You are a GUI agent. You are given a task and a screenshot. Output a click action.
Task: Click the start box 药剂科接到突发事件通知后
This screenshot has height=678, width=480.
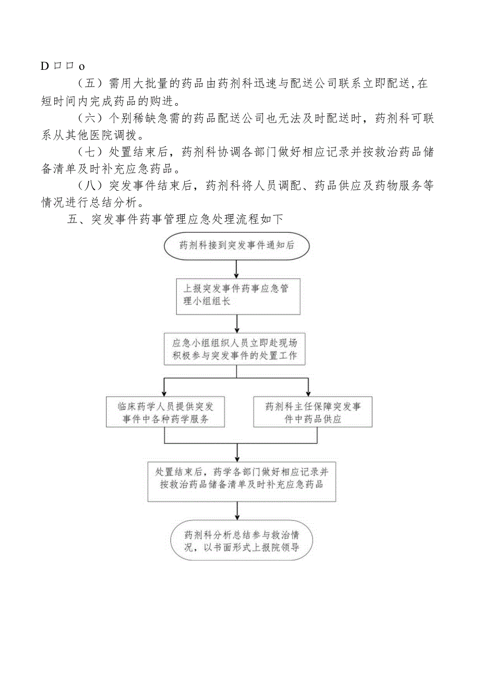[x=236, y=245]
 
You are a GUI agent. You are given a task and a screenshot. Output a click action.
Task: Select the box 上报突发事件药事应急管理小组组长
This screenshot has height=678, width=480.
[x=236, y=295]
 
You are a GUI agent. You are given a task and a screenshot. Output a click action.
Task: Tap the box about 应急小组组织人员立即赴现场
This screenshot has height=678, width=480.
[x=236, y=349]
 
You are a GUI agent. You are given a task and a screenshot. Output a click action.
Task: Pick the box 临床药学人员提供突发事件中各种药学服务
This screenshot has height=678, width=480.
[x=165, y=412]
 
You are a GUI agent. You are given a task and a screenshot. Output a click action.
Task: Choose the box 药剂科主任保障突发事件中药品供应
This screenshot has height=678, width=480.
[x=313, y=412]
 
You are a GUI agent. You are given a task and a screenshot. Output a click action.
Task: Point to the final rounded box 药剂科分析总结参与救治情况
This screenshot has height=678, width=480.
[x=241, y=541]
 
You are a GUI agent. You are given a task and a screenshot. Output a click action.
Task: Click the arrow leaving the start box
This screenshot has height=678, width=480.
[x=236, y=269]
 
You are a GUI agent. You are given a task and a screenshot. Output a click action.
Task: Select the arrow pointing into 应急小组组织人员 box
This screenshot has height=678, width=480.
[x=236, y=324]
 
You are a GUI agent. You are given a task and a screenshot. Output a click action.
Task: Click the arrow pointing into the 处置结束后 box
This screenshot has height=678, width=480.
[x=238, y=451]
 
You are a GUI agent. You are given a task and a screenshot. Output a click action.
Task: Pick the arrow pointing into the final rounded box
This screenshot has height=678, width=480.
[x=238, y=512]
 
